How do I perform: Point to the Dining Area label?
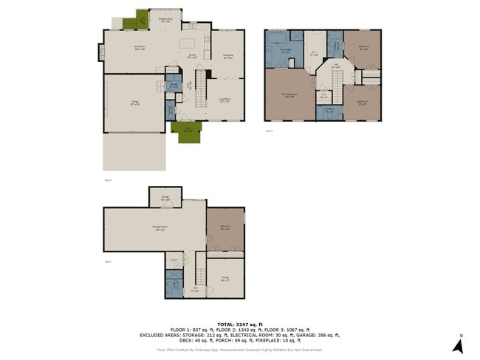tap(229, 55)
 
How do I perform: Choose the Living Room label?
tap(225, 100)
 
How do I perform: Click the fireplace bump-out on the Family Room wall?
tap(100, 52)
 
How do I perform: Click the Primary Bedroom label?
tap(290, 96)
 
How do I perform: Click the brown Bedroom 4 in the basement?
tap(224, 227)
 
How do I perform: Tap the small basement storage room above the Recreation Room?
tap(165, 197)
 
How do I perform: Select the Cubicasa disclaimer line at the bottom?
tap(240, 350)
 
